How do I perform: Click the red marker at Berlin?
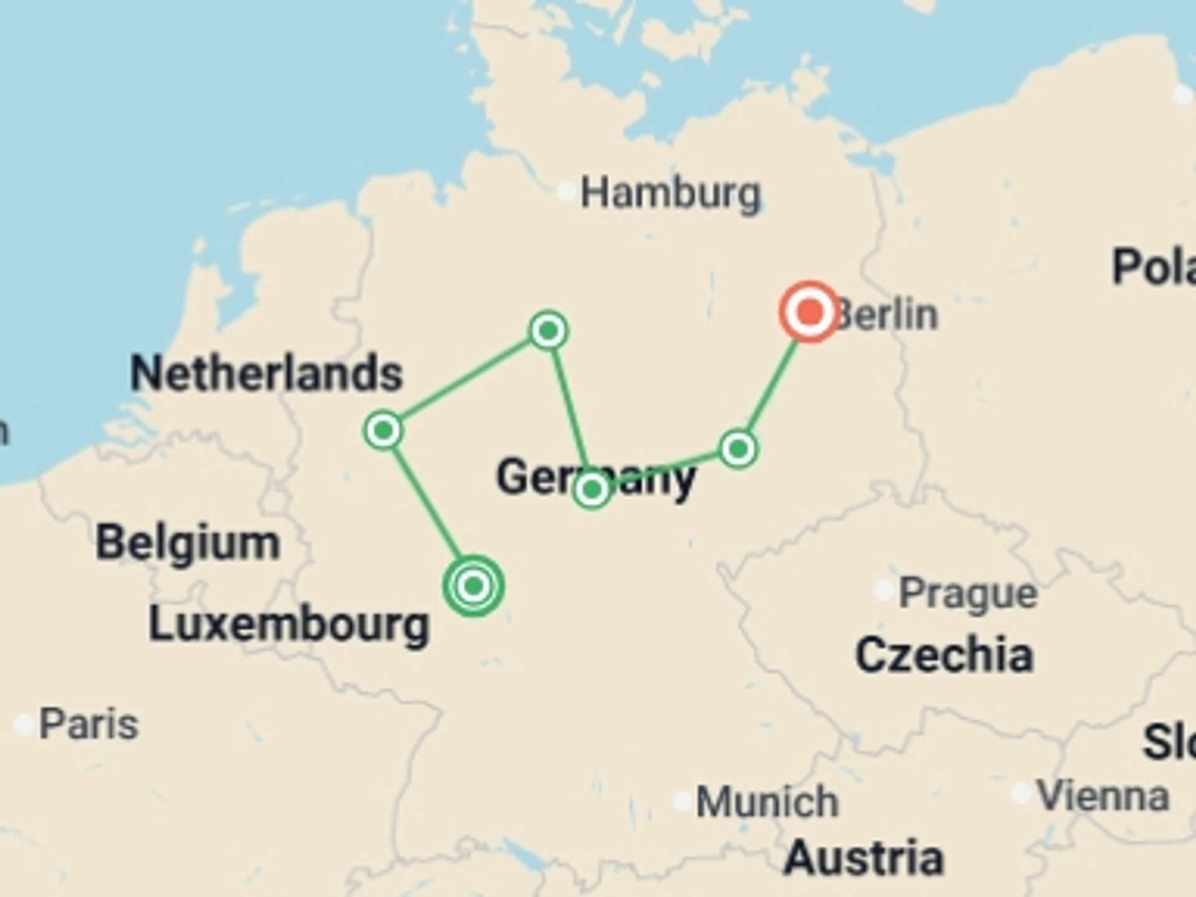(x=809, y=311)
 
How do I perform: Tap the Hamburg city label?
(x=670, y=193)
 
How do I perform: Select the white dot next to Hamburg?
(x=566, y=191)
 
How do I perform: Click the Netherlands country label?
(x=267, y=373)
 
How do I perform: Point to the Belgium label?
(x=187, y=543)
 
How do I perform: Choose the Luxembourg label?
(x=289, y=624)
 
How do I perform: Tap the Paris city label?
(x=88, y=724)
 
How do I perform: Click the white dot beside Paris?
(x=24, y=724)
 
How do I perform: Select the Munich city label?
(x=767, y=801)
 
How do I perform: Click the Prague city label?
(x=967, y=593)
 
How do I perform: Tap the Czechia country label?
(x=944, y=655)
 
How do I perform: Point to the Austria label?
(x=863, y=858)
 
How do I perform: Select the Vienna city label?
(x=1103, y=796)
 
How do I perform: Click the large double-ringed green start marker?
(x=473, y=586)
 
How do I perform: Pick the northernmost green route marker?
(x=548, y=331)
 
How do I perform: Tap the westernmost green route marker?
(x=383, y=430)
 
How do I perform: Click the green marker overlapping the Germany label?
(x=592, y=490)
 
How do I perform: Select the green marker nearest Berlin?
(x=738, y=448)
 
